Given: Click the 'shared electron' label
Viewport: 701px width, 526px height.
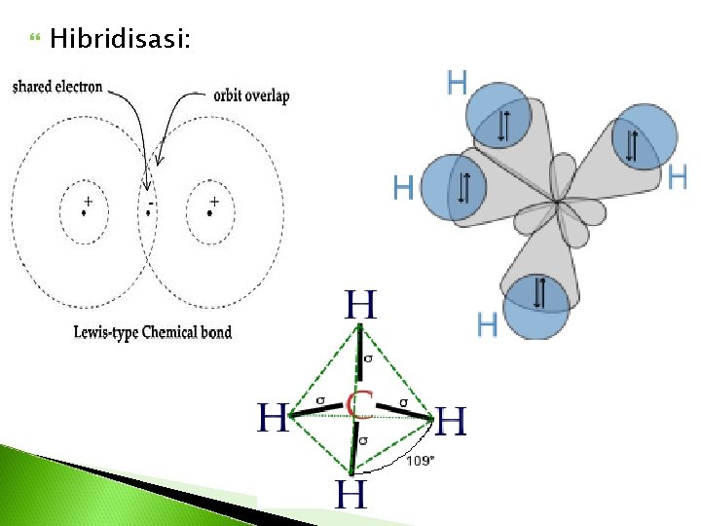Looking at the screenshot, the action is [x=57, y=87].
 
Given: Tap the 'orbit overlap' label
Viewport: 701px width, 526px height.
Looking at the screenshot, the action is [x=251, y=95].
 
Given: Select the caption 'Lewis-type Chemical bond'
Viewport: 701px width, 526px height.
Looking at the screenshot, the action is [x=153, y=332].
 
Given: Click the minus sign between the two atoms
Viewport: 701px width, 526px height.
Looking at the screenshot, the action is [x=151, y=204].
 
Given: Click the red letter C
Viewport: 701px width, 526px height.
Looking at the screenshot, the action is [x=361, y=402].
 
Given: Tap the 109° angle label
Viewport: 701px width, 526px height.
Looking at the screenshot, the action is [x=421, y=461].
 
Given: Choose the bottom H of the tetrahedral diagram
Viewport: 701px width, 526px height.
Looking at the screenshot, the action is [x=351, y=494].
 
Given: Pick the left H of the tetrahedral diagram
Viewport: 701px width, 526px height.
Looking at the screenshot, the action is [x=273, y=419].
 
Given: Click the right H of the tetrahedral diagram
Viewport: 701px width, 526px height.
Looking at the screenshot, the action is [x=451, y=423].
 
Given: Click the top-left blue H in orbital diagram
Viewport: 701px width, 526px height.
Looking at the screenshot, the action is [x=456, y=83].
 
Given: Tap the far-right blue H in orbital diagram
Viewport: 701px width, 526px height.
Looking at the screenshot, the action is [x=678, y=176].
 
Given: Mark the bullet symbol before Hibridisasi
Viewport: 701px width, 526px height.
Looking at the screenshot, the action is [x=36, y=39].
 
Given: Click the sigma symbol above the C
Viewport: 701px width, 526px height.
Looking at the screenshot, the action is [x=367, y=359].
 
